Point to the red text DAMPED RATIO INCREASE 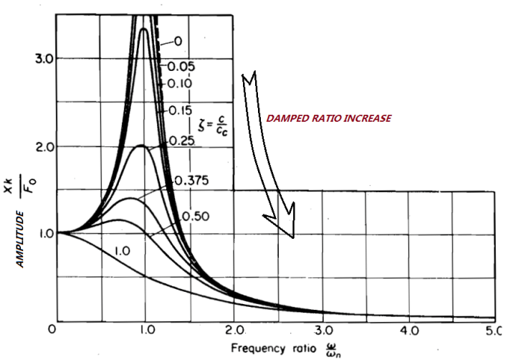[329, 118]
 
